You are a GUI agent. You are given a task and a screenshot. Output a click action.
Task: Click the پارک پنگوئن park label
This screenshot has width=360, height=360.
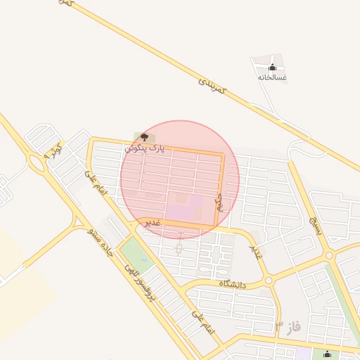[x=148, y=149]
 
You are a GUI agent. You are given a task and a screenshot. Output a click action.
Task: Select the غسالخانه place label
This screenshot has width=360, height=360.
[x=272, y=77]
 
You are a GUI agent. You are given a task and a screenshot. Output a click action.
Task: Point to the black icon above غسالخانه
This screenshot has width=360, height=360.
[x=272, y=67]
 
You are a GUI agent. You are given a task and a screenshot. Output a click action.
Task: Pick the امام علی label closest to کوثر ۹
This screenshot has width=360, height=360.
[x=94, y=181]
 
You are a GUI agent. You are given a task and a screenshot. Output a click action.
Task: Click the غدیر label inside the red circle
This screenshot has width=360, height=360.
[x=153, y=222]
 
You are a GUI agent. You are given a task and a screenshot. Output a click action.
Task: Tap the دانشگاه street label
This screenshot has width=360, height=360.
[x=232, y=283]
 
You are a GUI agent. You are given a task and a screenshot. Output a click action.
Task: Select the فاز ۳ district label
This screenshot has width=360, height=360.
[x=288, y=327]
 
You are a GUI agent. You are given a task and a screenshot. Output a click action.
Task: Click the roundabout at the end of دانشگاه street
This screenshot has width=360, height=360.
[x=268, y=281]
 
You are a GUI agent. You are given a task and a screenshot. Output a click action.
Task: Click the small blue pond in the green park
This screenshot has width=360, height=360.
[x=128, y=247]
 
